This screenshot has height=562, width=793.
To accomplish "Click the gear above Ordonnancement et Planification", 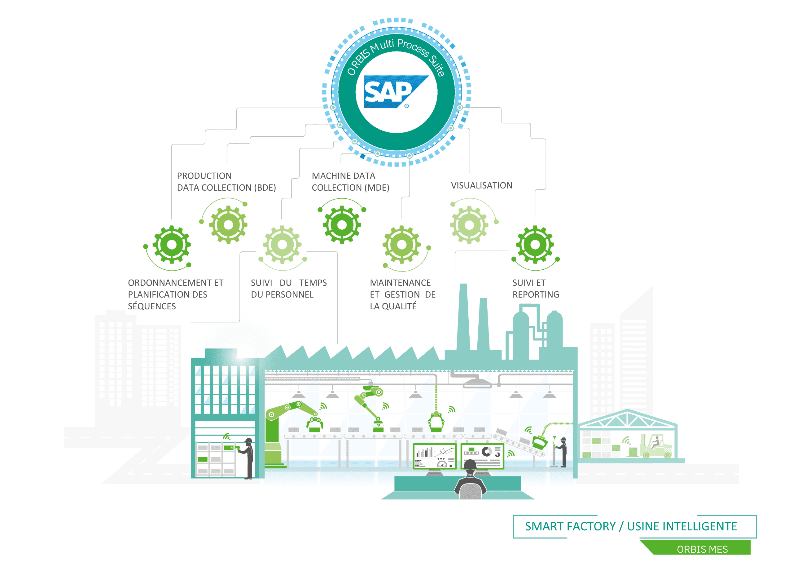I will pyautogui.click(x=172, y=244).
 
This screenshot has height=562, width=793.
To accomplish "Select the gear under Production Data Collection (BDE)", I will pyautogui.click(x=228, y=225).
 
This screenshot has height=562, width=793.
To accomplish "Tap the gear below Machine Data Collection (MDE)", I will pyautogui.click(x=342, y=225).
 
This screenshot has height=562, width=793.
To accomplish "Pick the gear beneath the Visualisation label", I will pyautogui.click(x=469, y=225).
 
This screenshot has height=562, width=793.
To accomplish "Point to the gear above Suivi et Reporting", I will pyautogui.click(x=535, y=244).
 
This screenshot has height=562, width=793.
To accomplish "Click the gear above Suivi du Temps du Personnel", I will pyautogui.click(x=282, y=244).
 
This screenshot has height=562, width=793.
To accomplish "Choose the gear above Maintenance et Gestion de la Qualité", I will pyautogui.click(x=401, y=244).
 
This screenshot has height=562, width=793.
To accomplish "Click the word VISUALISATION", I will pyautogui.click(x=481, y=185).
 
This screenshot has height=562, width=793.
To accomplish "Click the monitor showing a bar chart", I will pyautogui.click(x=435, y=456).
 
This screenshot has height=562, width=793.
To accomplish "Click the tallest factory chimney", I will pyautogui.click(x=463, y=318).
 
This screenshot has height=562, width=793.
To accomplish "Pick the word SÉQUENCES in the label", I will pyautogui.click(x=152, y=306).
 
